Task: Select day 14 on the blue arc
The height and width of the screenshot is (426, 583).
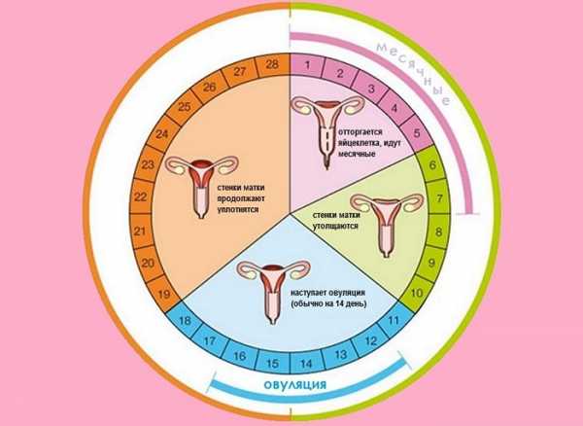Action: [x=306, y=364]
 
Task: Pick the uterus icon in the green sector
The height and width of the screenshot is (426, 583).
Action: [x=394, y=220]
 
